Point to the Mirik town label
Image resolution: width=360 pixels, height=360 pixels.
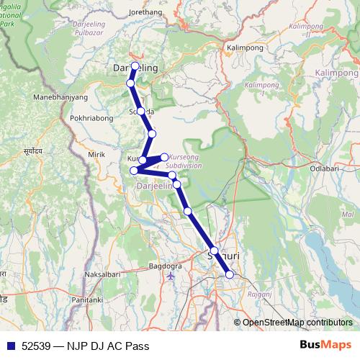click(96, 154)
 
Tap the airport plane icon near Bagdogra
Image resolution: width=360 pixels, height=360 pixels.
click(171, 276)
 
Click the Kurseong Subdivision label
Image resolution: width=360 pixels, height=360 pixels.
click(185, 161)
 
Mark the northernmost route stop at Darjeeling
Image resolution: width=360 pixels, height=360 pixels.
click(135, 66)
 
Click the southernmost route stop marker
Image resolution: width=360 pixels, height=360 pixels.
click(230, 274)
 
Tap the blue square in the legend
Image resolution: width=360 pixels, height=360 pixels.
click(10, 346)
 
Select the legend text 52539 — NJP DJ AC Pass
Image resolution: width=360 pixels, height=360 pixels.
click(86, 346)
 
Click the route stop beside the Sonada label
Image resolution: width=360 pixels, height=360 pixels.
click(141, 112)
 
